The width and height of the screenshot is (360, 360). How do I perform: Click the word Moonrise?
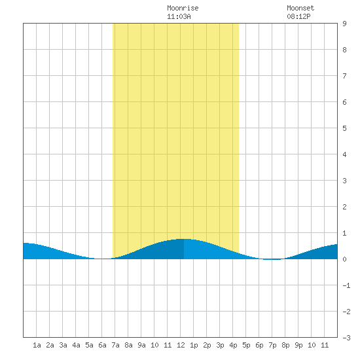point(183,9)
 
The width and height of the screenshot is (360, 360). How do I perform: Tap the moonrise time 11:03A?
point(179,17)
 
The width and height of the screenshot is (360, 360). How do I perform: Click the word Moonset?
point(300,9)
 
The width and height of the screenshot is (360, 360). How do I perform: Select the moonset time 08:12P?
point(298,17)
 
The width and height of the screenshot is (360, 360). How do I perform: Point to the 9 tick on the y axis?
point(344,24)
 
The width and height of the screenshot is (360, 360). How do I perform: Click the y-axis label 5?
point(344,128)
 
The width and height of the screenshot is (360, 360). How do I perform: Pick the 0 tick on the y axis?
point(344,259)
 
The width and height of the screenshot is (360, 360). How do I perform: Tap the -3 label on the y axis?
point(346,338)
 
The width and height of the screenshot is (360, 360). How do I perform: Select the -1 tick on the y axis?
point(346,285)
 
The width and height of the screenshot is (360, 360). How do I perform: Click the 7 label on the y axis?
point(344,76)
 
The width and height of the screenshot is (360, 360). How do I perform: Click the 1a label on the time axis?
point(37,345)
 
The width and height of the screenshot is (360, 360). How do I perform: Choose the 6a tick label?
point(102,345)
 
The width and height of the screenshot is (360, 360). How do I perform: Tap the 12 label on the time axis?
point(181,345)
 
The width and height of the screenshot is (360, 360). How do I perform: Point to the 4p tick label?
point(233,345)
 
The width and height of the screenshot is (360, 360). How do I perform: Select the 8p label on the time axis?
point(285,345)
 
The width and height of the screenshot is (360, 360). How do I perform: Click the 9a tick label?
point(141,345)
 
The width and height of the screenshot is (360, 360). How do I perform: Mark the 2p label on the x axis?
point(207,345)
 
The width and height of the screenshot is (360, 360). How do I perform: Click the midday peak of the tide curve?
point(184,239)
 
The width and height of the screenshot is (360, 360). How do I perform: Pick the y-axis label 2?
point(344,207)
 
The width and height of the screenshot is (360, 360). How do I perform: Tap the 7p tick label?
point(272,345)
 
